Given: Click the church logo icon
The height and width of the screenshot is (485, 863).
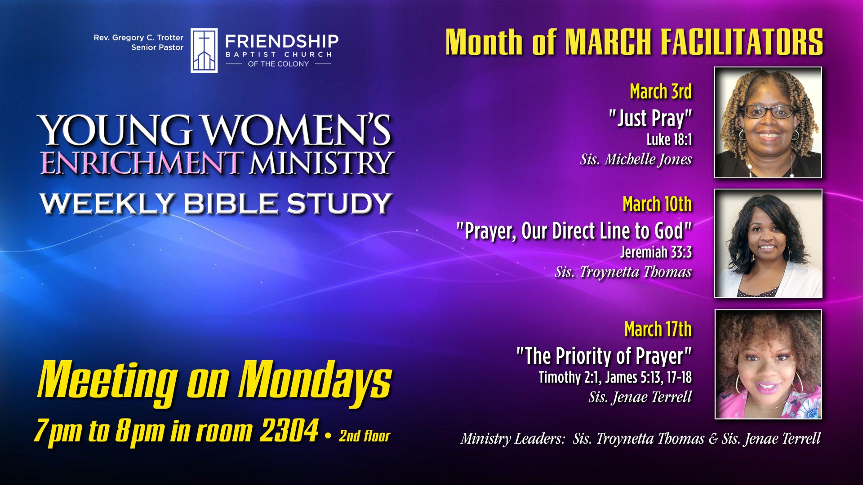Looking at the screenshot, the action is pyautogui.click(x=204, y=50).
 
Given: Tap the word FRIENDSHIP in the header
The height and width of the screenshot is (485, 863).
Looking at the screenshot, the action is pyautogui.click(x=282, y=41).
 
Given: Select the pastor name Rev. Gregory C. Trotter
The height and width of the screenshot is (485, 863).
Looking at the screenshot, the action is pyautogui.click(x=138, y=38).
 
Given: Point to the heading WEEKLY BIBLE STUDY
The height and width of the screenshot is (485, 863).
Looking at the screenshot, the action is pyautogui.click(x=216, y=203).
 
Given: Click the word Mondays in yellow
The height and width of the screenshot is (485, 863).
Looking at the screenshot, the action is pyautogui.click(x=315, y=381).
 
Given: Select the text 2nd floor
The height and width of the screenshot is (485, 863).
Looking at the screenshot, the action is pyautogui.click(x=365, y=436).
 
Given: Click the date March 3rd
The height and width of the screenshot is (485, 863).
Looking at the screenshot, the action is pyautogui.click(x=661, y=92).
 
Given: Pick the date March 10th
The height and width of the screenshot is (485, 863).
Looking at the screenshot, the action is pyautogui.click(x=657, y=204).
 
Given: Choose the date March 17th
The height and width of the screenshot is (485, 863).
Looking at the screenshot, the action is pyautogui.click(x=658, y=329).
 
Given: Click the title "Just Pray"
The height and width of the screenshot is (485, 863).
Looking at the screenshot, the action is pyautogui.click(x=650, y=119).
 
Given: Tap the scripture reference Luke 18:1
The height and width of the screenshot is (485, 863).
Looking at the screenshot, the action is pyautogui.click(x=669, y=140).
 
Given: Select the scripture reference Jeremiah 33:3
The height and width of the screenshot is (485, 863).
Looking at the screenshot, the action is pyautogui.click(x=656, y=252).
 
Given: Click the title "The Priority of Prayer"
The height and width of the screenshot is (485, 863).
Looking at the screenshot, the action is pyautogui.click(x=604, y=356).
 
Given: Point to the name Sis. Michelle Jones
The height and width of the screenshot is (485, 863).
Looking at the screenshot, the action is pyautogui.click(x=636, y=159).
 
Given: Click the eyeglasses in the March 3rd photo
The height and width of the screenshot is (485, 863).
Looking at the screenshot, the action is pyautogui.click(x=769, y=111).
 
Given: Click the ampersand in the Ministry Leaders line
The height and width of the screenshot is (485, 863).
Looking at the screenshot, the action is pyautogui.click(x=713, y=439).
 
